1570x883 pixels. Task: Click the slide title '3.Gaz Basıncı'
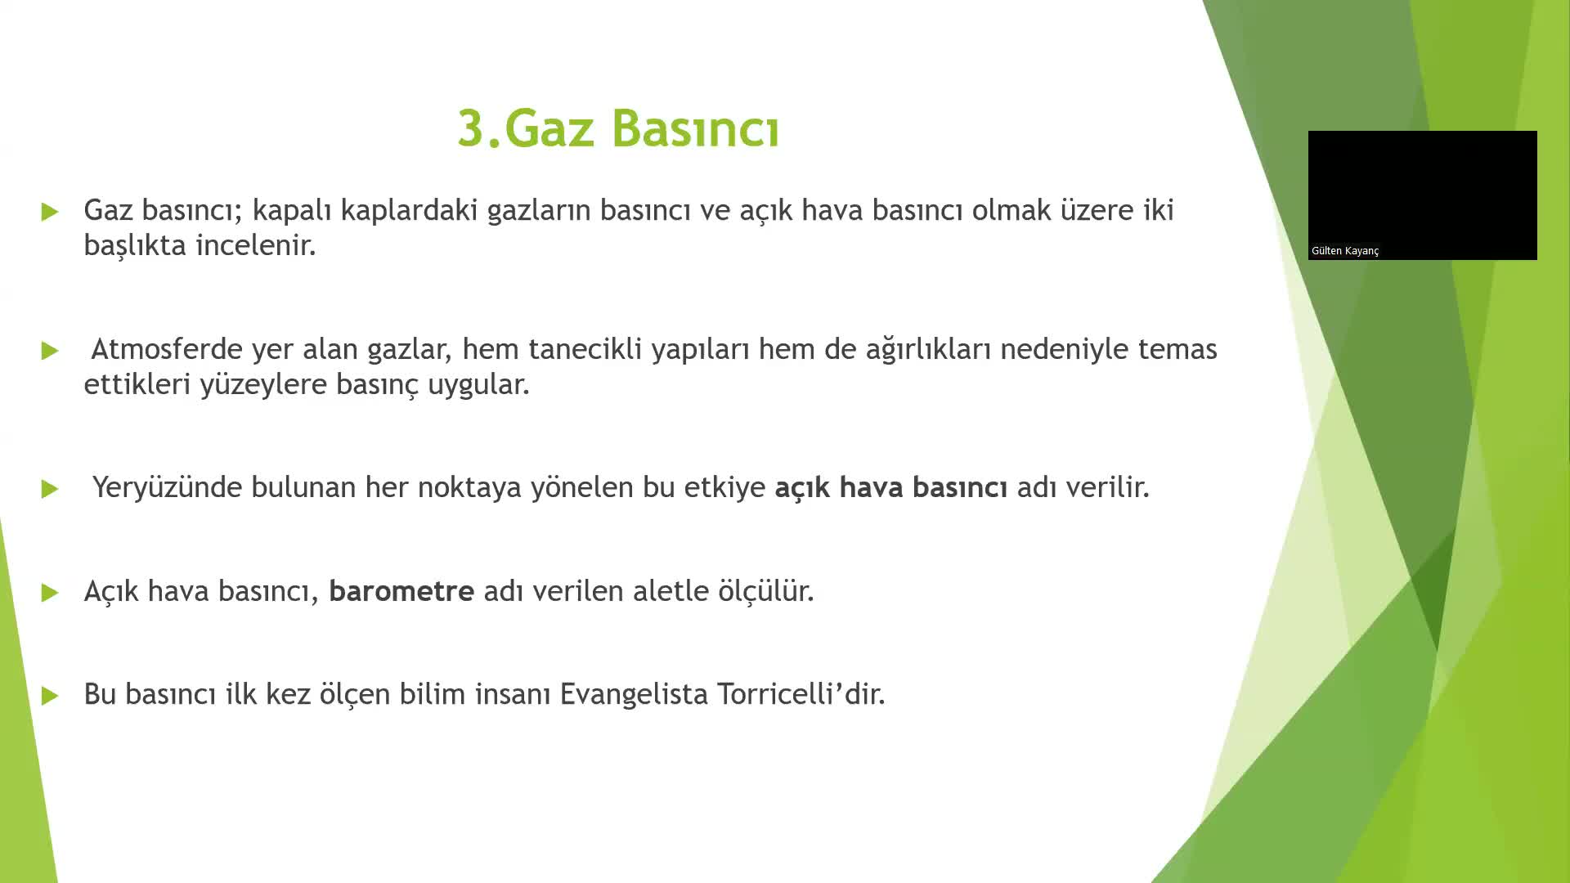(x=618, y=129)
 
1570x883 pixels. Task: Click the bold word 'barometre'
(x=401, y=590)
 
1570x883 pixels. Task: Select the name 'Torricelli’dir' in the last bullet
(x=801, y=693)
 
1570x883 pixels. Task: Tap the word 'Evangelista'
(x=634, y=694)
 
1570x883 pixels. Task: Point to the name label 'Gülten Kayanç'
(x=1345, y=251)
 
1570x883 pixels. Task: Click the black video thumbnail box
(x=1422, y=188)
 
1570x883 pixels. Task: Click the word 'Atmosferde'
(x=167, y=349)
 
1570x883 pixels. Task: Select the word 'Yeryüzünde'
(x=167, y=487)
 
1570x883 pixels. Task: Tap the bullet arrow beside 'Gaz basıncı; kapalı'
(x=50, y=212)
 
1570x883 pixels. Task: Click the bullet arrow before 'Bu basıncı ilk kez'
(x=50, y=696)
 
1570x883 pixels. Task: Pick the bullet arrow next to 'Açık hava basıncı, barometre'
(x=50, y=593)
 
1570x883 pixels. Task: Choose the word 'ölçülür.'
(x=766, y=590)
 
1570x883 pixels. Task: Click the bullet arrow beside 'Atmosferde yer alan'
(x=50, y=351)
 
